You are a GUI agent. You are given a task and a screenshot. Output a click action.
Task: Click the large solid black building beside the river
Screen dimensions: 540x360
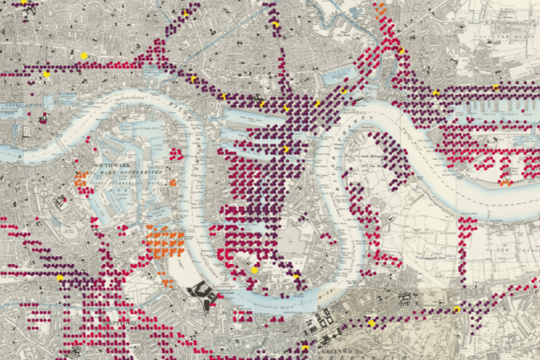point(203,294)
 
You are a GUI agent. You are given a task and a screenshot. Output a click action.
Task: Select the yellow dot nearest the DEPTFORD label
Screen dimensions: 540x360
point(60,278)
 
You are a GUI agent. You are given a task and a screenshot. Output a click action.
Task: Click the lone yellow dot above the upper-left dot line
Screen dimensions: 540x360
point(84,55)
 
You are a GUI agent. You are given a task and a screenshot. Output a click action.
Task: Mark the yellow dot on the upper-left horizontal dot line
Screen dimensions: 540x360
point(46,73)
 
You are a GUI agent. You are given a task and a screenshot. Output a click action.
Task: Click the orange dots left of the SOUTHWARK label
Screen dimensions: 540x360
point(81,179)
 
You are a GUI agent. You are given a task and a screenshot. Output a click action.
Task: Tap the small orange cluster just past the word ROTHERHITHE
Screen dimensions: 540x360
point(173,183)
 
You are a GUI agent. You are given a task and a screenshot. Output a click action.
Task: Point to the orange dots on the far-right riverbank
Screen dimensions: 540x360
point(505,182)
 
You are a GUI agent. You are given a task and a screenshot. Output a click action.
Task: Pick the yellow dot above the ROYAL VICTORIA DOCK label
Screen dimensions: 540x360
point(495,87)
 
